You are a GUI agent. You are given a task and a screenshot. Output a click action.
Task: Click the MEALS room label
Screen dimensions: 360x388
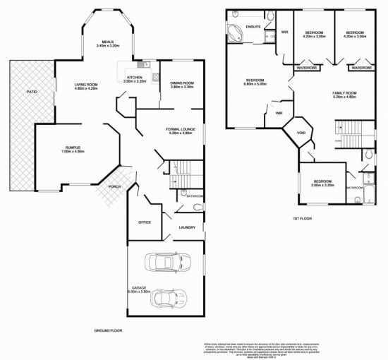(107, 42)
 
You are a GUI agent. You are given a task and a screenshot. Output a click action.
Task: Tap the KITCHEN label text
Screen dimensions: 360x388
(134, 77)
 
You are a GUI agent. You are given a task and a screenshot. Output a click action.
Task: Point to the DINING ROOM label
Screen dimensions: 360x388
(182, 83)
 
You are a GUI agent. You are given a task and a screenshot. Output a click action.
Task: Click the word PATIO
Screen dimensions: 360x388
(32, 92)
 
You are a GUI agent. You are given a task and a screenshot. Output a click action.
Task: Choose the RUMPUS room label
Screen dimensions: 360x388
(73, 148)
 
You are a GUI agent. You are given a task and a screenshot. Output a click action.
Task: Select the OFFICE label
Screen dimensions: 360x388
(145, 222)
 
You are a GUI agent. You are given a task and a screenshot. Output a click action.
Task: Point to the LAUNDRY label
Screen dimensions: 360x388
(187, 227)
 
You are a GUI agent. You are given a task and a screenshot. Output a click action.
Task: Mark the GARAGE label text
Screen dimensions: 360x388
(139, 287)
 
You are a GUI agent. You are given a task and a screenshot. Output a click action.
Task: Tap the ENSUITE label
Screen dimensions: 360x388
(253, 26)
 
